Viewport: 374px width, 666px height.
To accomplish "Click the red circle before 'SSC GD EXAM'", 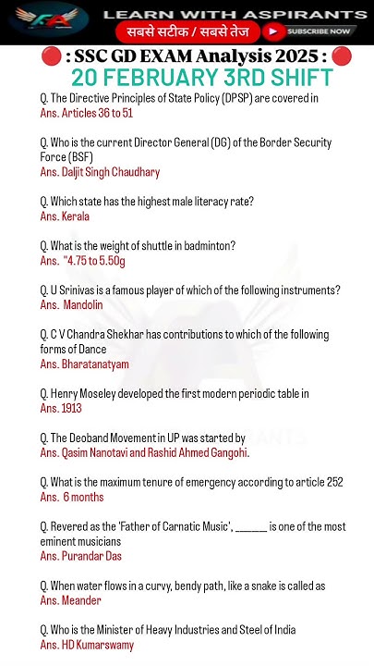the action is pyautogui.click(x=51, y=57).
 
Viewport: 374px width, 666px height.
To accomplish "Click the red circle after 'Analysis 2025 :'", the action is pyautogui.click(x=342, y=57).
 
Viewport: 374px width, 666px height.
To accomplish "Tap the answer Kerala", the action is pyautogui.click(x=76, y=216).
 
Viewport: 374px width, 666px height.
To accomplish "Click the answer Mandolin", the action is pyautogui.click(x=83, y=305).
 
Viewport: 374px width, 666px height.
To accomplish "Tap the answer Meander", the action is pyautogui.click(x=81, y=601).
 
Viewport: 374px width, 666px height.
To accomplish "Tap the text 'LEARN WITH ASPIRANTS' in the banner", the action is pyautogui.click(x=235, y=15).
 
